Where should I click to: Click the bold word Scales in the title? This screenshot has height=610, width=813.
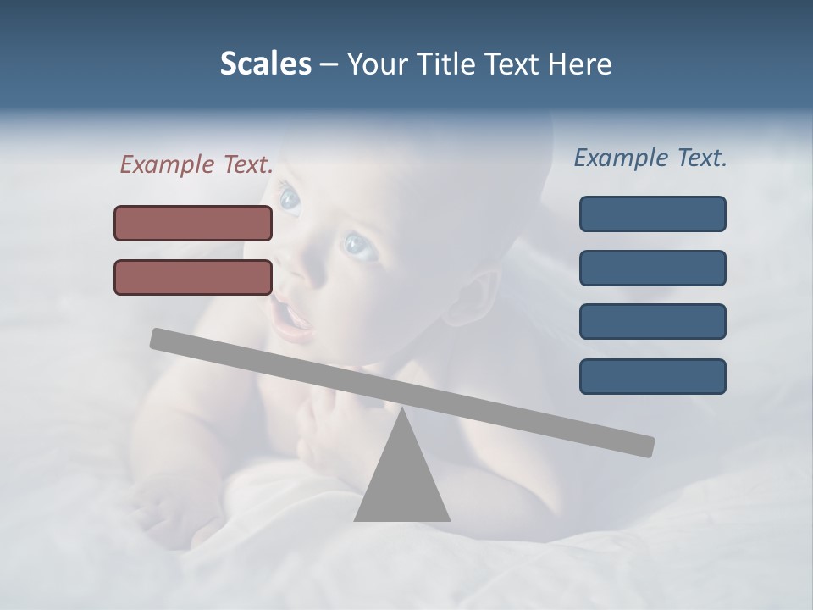point(265,64)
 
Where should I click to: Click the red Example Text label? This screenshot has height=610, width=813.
point(196,164)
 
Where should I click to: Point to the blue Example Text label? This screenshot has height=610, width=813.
point(650,158)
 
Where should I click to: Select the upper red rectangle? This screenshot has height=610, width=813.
point(193,223)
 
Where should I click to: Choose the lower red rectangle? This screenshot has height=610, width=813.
point(193,277)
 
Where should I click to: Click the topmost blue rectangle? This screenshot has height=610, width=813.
point(652,213)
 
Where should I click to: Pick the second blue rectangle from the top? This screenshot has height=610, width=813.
point(652,268)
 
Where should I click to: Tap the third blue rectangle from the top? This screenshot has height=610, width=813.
point(652,322)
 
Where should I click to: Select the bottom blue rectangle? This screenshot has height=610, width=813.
point(652,376)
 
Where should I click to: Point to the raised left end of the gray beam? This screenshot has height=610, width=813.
point(161,338)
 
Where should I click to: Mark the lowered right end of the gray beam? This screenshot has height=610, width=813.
point(644,446)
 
